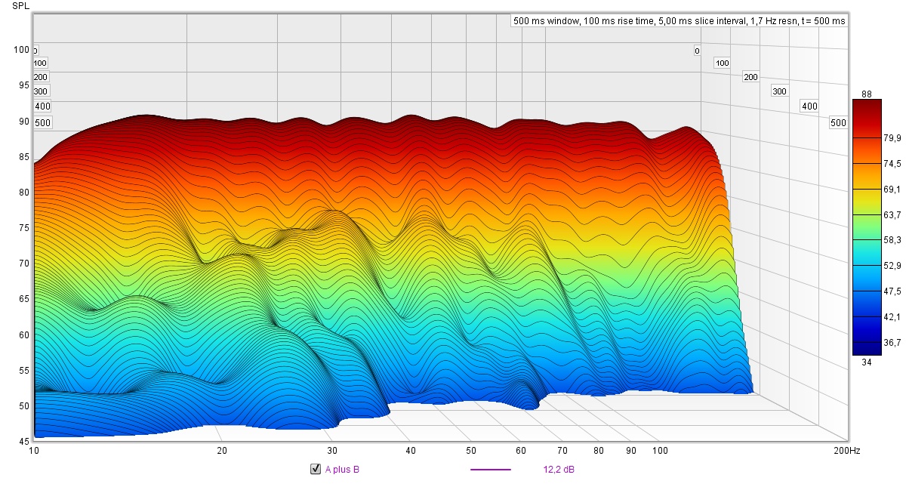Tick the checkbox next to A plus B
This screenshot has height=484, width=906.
[316, 470]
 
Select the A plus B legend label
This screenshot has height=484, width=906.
[342, 470]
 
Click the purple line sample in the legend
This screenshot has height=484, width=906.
[490, 470]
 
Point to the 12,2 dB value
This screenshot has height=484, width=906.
[559, 470]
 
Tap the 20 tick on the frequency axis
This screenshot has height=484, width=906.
[222, 451]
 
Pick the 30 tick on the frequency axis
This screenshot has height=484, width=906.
[333, 451]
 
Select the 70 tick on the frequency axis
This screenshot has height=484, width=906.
[562, 451]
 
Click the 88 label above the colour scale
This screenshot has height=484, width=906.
[867, 94]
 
